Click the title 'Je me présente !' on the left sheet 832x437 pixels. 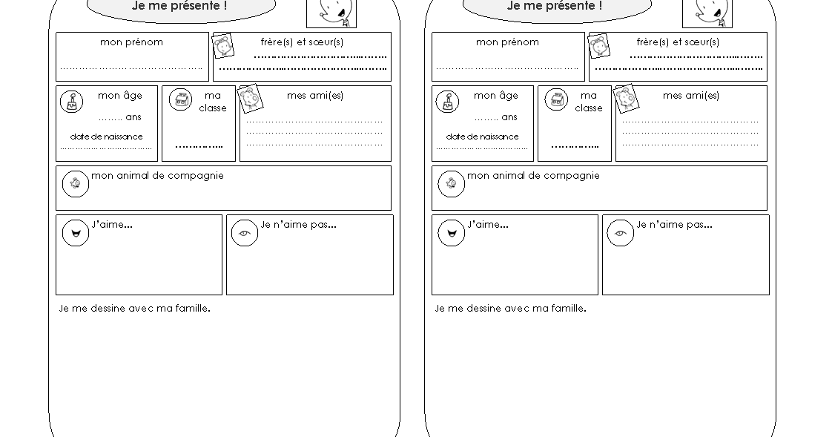tap(179, 6)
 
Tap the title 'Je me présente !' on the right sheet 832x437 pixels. tap(555, 6)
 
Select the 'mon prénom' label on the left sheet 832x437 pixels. tap(131, 42)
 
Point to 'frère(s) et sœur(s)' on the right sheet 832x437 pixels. tap(678, 42)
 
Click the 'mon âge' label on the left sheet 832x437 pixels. tap(119, 96)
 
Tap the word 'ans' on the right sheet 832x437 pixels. tap(509, 117)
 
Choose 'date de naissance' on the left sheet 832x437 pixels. tap(106, 137)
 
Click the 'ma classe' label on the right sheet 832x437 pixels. tap(589, 102)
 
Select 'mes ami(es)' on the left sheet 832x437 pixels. tap(315, 96)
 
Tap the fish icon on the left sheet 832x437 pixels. tap(75, 183)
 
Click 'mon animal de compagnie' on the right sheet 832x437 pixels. tap(533, 176)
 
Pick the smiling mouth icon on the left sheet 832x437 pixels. tap(75, 233)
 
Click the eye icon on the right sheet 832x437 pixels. tap(620, 234)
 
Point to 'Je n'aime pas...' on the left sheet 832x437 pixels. tap(298, 225)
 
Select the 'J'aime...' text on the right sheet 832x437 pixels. tap(488, 225)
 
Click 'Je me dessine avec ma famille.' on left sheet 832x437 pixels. tap(134, 309)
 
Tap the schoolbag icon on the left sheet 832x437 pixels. tap(180, 100)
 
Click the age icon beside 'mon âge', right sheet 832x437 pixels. tap(447, 102)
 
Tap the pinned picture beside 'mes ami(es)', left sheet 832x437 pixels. tap(250, 99)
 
